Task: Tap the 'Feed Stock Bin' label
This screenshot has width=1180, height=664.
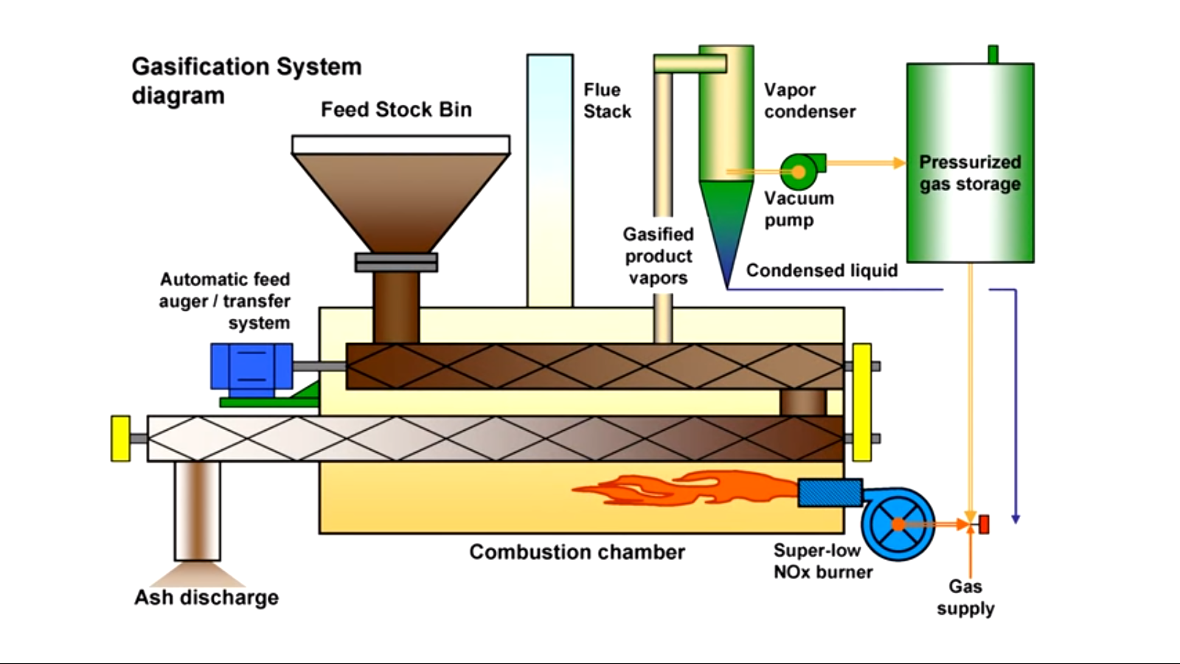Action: (396, 110)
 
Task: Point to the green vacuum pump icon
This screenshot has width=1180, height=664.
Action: (799, 172)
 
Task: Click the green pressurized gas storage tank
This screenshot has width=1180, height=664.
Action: (970, 162)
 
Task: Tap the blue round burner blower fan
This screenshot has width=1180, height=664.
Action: (898, 523)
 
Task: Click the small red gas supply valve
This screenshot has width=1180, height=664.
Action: (983, 524)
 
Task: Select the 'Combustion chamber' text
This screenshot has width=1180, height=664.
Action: (577, 552)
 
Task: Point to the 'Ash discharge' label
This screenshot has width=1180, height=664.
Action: (206, 598)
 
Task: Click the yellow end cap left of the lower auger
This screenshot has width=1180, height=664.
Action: (120, 438)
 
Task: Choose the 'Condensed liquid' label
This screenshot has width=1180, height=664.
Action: (822, 271)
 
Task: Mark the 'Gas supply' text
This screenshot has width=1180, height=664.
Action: (965, 598)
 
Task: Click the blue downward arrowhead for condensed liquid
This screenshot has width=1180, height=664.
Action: (1016, 519)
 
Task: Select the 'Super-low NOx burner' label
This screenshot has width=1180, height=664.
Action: (822, 561)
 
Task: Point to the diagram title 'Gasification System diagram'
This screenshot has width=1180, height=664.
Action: (246, 81)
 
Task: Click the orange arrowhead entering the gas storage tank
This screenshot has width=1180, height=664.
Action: (899, 162)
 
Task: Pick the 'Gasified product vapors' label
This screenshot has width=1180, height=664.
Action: (658, 256)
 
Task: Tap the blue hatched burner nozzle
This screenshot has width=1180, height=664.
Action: (830, 493)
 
